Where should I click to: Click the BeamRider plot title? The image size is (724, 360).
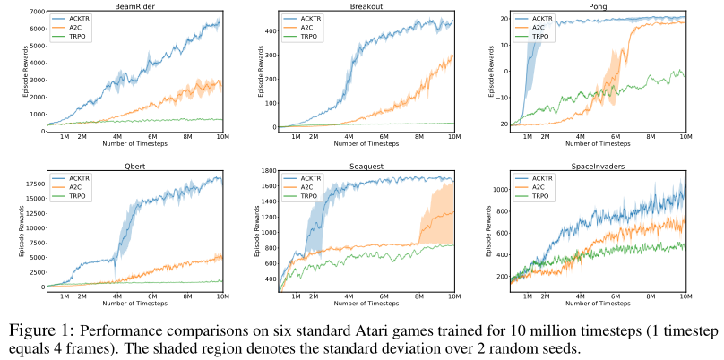(131, 5)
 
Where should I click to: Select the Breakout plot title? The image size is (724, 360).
(363, 5)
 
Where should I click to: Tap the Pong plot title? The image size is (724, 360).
(595, 5)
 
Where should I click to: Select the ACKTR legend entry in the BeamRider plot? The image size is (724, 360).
(85, 17)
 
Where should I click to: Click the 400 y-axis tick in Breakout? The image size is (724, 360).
(268, 30)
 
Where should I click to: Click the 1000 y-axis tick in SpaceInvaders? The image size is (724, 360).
(496, 187)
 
